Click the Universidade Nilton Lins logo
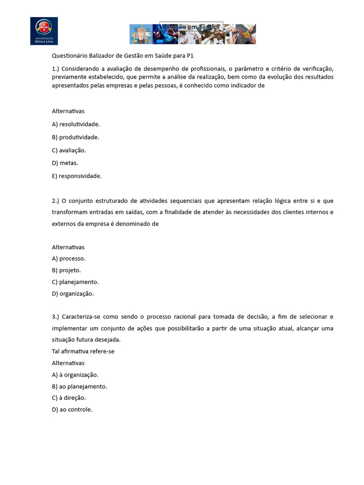[44, 31]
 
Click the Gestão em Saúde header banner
[192, 34]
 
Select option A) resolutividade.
[76, 124]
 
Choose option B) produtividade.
[75, 137]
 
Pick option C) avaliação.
[69, 150]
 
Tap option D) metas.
[65, 163]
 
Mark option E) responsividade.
[77, 176]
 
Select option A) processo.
[69, 259]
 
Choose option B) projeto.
[66, 270]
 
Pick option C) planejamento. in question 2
[75, 282]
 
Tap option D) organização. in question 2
[73, 294]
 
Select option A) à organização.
[75, 375]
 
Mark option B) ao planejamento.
[79, 386]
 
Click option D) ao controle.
[72, 410]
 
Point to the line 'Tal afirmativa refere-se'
[83, 351]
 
